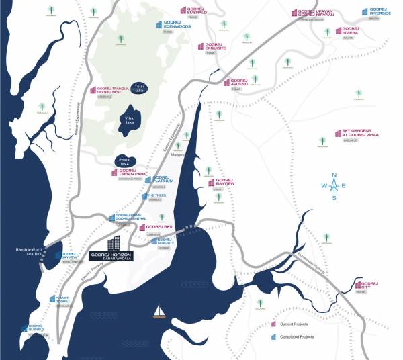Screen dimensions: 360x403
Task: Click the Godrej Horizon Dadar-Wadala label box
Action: coord(111,257)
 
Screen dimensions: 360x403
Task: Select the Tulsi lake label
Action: coord(140,89)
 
